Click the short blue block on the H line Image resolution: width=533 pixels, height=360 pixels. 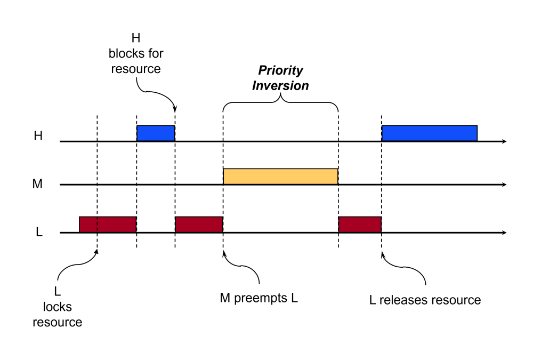[x=156, y=133]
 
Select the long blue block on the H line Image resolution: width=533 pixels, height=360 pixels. [x=429, y=133]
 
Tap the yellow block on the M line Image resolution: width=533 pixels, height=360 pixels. [x=280, y=177]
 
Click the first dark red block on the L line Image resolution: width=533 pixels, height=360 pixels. [x=108, y=225]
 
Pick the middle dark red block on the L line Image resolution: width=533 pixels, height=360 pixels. [x=199, y=225]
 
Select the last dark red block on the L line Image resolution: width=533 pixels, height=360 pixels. [x=360, y=225]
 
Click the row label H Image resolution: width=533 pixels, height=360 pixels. [x=38, y=136]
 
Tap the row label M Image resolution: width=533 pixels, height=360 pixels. [x=37, y=185]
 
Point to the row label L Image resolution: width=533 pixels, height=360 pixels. [x=39, y=233]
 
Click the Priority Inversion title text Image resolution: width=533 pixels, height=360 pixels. [x=280, y=78]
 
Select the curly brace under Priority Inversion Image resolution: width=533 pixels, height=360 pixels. [x=280, y=104]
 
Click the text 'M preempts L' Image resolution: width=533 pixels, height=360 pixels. [x=259, y=298]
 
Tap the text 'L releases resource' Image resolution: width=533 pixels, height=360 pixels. [x=425, y=300]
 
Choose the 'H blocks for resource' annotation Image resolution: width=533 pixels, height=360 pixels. [x=136, y=54]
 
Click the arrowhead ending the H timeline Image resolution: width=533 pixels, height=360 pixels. [x=504, y=142]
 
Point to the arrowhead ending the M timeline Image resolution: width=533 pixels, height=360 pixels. [x=504, y=185]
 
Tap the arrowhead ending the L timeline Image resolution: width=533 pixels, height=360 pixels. [x=504, y=233]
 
